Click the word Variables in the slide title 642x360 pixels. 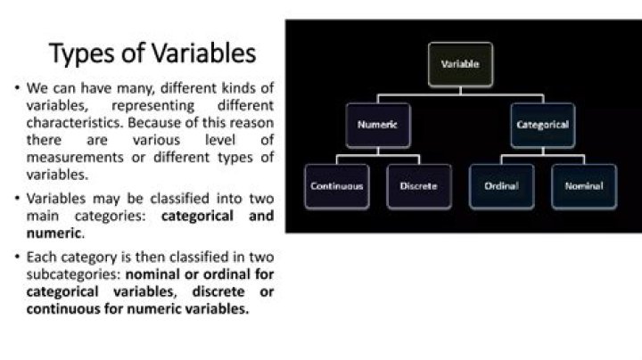201,53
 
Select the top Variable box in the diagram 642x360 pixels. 460,65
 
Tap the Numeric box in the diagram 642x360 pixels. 377,125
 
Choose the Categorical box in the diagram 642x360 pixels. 542,125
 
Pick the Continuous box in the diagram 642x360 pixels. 336,186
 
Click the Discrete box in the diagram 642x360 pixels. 418,186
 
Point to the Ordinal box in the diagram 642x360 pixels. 501,186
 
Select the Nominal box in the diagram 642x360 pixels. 583,186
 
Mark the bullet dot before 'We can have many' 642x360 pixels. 17,88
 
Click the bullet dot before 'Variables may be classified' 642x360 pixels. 17,199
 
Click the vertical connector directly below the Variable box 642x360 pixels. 460,90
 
